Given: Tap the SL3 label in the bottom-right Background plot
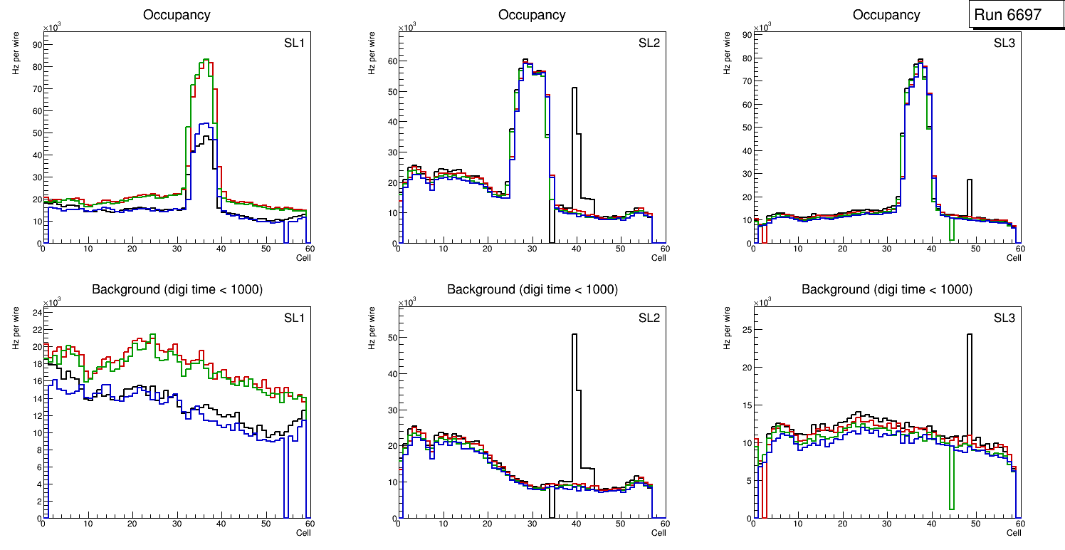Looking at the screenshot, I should point(1004,318).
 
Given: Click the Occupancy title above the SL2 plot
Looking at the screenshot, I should point(532,15).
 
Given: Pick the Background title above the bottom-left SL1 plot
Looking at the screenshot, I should point(177,289).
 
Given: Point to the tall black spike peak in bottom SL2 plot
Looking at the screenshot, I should point(574,335).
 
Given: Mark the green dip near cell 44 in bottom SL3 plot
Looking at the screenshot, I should point(951,508).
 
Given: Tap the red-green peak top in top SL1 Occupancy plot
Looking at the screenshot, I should point(205,60).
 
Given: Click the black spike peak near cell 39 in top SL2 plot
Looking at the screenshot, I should point(574,88).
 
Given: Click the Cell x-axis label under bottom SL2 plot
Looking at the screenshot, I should point(659,533).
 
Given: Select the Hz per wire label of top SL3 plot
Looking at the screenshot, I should point(728,54).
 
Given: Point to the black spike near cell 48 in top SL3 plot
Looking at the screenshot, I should point(969,180).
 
